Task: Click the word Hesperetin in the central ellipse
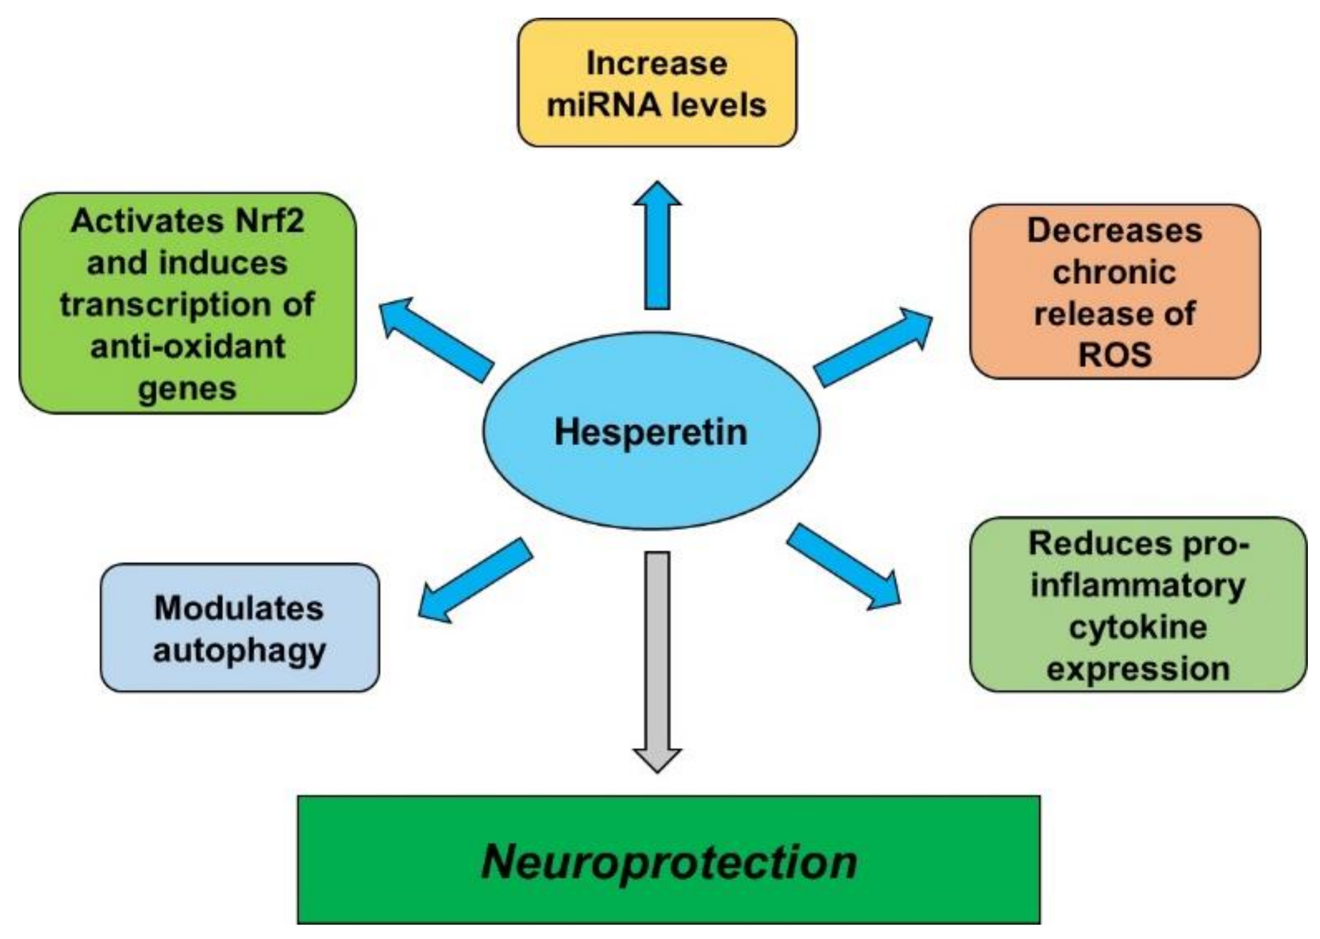point(650,432)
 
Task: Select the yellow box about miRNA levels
point(656,83)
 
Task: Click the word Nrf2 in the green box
point(270,221)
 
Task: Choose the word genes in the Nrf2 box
point(187,388)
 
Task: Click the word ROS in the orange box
point(1114,355)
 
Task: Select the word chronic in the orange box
point(1114,272)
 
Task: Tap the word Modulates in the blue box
point(239,608)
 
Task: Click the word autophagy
point(239,651)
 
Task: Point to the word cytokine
point(1138,627)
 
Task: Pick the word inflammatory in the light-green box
point(1138,585)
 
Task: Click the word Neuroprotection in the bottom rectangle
point(669,862)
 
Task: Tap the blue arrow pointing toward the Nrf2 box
point(436,339)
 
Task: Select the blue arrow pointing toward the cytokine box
point(843,567)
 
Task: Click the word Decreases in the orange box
point(1114,231)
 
